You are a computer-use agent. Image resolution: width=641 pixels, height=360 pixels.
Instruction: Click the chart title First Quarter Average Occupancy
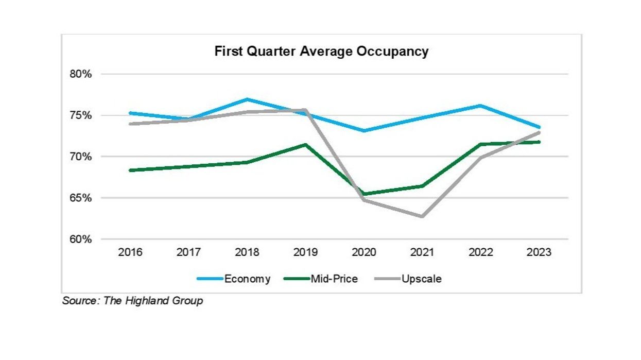click(321, 52)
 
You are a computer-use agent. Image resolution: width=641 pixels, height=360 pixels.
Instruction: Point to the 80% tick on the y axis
click(80, 74)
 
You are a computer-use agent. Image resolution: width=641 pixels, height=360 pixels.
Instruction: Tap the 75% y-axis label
click(80, 115)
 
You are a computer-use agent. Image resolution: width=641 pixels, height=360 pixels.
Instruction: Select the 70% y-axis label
click(80, 157)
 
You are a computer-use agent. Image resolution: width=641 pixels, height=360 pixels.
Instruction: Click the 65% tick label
click(80, 198)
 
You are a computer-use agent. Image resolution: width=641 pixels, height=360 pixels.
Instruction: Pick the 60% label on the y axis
click(80, 239)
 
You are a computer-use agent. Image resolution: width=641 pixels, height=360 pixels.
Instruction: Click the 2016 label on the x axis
click(130, 253)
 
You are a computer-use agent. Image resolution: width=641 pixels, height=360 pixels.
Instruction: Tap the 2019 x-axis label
click(305, 253)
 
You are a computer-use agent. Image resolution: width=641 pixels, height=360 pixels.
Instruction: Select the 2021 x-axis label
click(422, 253)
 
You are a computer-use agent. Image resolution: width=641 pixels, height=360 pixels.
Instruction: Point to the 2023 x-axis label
click(539, 253)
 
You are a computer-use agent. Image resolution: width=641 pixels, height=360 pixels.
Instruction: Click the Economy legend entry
click(247, 279)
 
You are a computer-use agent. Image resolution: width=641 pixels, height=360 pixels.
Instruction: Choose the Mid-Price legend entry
click(334, 279)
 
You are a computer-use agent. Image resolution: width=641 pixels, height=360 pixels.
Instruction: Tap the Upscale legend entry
click(421, 279)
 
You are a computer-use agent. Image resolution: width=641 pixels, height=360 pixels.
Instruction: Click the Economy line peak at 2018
click(247, 99)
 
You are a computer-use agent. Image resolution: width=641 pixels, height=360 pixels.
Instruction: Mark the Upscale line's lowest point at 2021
click(422, 216)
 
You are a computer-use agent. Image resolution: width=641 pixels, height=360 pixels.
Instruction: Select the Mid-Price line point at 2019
click(305, 145)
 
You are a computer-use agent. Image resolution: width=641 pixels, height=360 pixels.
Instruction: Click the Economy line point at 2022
click(480, 106)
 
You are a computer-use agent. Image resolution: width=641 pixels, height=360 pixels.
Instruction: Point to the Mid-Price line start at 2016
click(130, 170)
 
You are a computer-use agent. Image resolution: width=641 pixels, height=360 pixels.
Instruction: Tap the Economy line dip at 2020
click(364, 131)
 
